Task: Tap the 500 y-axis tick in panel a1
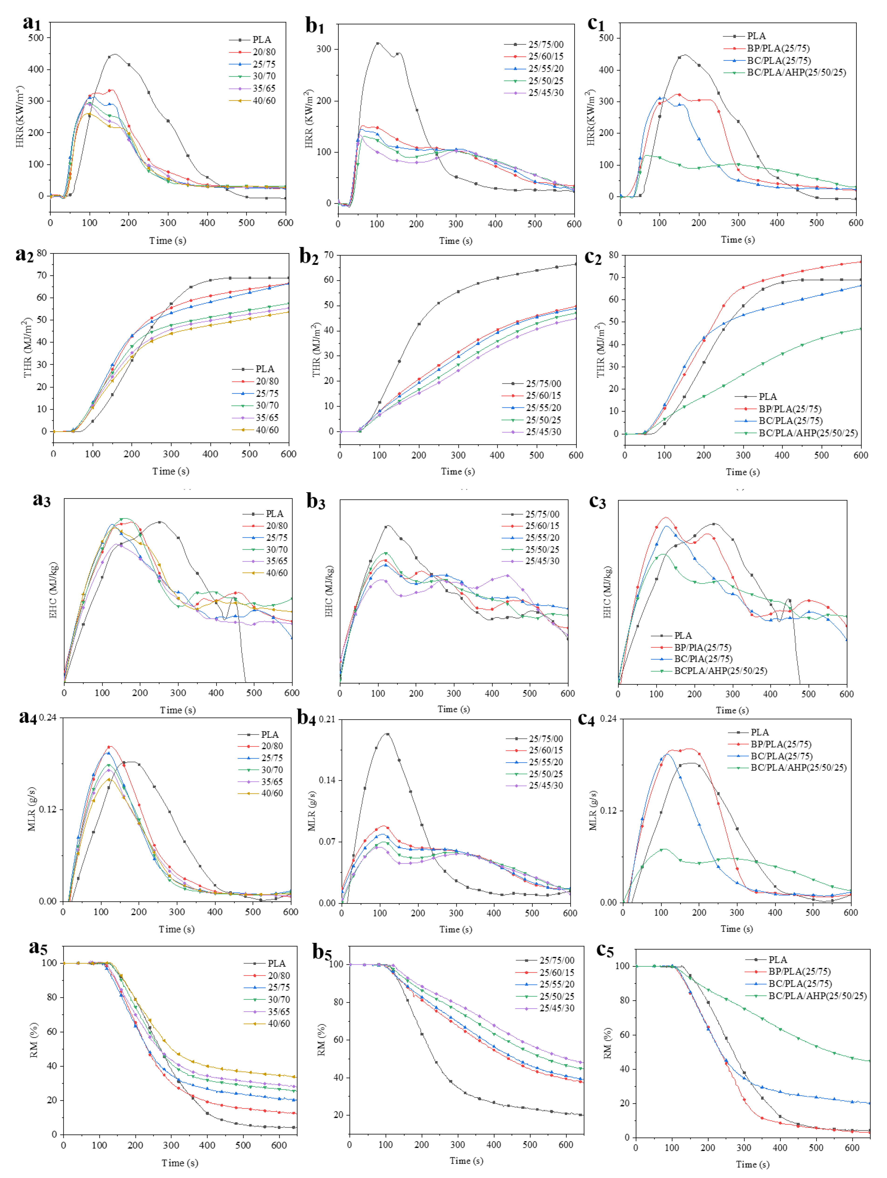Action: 36,38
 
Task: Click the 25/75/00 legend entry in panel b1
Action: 546,44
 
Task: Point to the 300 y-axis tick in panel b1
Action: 324,49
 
